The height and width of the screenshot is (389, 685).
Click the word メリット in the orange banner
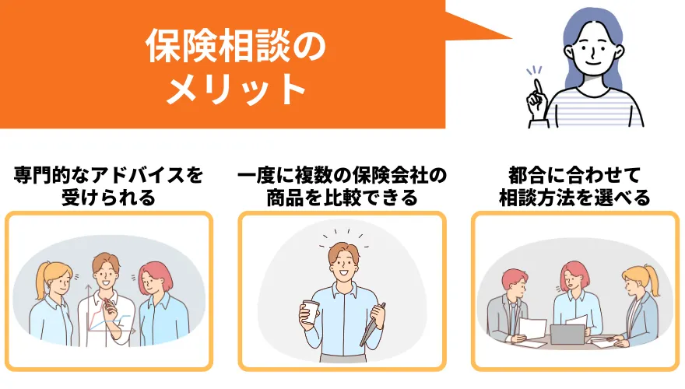pyautogui.click(x=237, y=89)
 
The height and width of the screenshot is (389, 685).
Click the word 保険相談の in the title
pyautogui.click(x=236, y=46)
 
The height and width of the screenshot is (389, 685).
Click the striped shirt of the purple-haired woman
pyautogui.click(x=593, y=108)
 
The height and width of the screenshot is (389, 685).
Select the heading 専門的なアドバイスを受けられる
pyautogui.click(x=108, y=187)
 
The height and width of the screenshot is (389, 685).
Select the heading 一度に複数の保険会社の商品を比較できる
pyautogui.click(x=342, y=187)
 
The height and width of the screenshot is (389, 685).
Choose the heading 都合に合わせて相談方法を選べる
pyautogui.click(x=574, y=187)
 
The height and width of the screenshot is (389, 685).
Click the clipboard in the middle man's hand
pyautogui.click(x=373, y=324)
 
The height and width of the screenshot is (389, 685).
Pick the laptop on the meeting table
pyautogui.click(x=567, y=335)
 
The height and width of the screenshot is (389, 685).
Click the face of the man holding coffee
pyautogui.click(x=344, y=262)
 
